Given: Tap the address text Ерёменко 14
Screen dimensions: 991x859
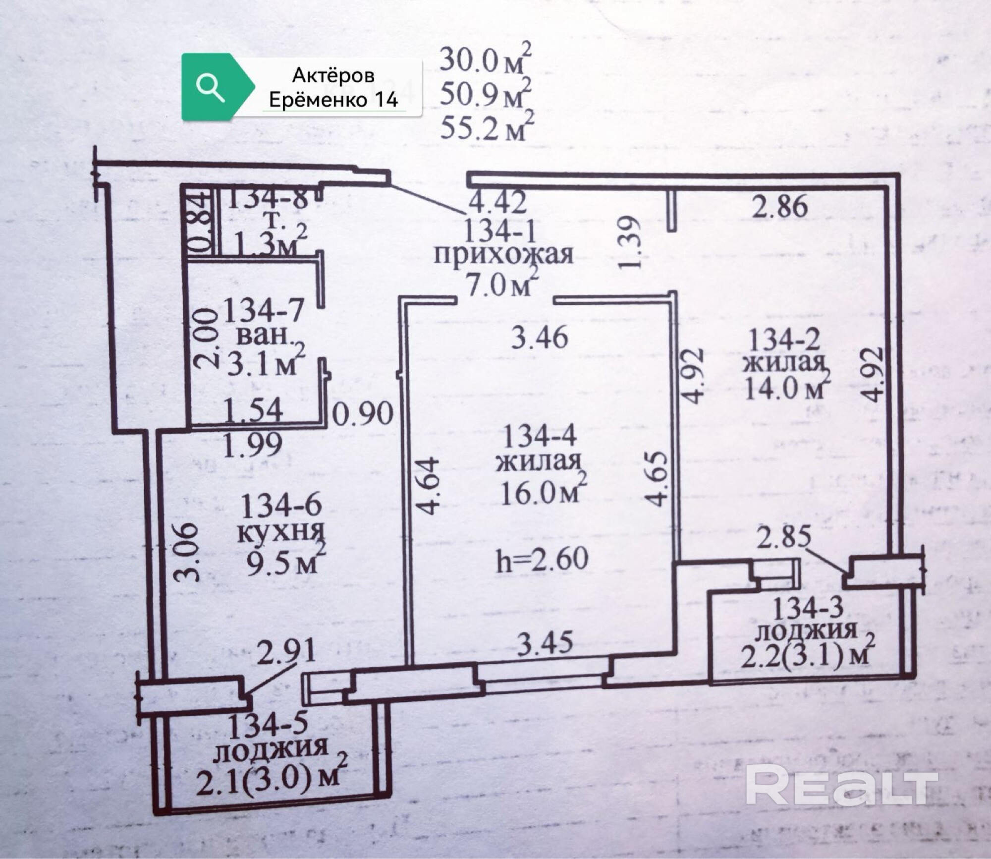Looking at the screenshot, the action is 333,100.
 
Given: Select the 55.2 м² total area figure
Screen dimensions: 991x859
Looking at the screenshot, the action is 486,127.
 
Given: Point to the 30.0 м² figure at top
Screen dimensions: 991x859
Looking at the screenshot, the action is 486,60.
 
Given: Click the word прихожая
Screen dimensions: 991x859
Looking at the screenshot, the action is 503,255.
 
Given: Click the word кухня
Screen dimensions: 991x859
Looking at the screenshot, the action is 281,532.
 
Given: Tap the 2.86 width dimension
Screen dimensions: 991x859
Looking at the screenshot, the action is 779,206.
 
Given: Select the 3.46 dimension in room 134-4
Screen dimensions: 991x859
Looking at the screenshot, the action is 540,338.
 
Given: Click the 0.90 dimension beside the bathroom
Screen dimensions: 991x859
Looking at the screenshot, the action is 363,413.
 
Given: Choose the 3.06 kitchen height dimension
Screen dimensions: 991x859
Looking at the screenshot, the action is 188,553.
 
